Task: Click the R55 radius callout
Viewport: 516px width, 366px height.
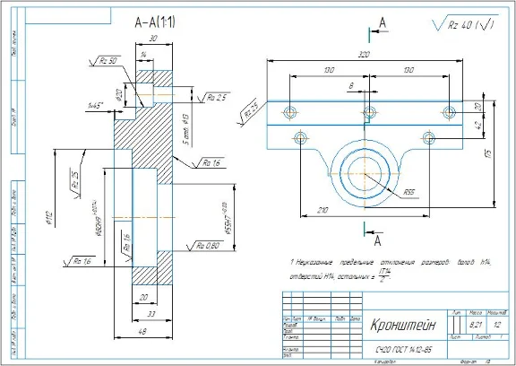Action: point(409,191)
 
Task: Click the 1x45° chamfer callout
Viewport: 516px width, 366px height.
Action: point(96,105)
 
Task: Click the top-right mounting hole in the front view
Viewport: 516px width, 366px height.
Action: point(450,112)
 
